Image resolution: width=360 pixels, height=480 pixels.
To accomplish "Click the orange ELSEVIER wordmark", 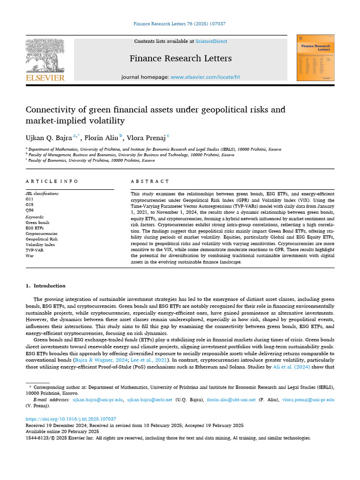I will pos(45,78).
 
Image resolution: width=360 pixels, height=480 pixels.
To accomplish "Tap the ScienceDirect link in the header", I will pos(211,41).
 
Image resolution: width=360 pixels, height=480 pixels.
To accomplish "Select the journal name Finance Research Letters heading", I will pos(181,58).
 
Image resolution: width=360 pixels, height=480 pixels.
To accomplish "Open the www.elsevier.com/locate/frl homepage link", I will pos(205,76).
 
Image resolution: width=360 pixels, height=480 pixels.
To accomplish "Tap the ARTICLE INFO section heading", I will pos(52,181).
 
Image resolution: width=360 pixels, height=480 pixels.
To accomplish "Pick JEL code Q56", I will pos(30,210).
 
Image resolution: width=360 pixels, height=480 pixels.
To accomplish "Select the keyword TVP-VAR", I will pos(34,250).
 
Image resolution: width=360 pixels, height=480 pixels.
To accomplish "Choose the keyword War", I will pos(29,256).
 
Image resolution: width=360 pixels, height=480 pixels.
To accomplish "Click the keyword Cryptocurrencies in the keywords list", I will pos(41,233).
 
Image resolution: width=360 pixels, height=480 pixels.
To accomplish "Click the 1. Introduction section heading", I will pos(45,285).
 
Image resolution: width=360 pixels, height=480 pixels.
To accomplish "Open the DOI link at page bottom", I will pos(71,419).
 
